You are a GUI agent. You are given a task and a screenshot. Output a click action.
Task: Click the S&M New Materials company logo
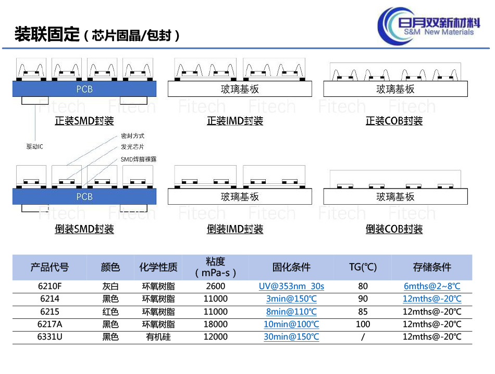pyautogui.click(x=429, y=27)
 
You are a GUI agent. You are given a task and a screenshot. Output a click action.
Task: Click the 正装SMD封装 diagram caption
pyautogui.click(x=84, y=121)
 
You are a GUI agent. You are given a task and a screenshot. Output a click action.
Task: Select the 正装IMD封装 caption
pyautogui.click(x=235, y=121)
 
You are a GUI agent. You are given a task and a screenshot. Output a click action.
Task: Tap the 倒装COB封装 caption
pyautogui.click(x=394, y=229)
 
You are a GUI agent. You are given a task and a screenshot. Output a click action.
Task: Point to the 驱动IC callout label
pyautogui.click(x=35, y=146)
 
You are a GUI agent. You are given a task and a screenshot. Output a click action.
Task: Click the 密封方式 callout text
pyautogui.click(x=132, y=136)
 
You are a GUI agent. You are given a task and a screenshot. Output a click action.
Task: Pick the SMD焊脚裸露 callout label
pyautogui.click(x=139, y=159)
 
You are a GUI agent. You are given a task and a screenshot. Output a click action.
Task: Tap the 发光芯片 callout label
pyautogui.click(x=132, y=147)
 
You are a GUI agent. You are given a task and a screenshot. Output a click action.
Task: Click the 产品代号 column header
pyautogui.click(x=49, y=267)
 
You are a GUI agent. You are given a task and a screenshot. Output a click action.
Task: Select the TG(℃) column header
pyautogui.click(x=363, y=267)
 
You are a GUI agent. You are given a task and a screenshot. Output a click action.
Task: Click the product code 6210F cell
pyautogui.click(x=49, y=286)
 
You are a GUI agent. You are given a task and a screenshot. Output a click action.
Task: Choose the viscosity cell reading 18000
pyautogui.click(x=216, y=324)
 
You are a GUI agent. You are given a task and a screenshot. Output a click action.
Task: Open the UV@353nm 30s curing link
pyautogui.click(x=291, y=286)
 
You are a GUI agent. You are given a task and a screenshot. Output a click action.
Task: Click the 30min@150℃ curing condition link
pyautogui.click(x=291, y=337)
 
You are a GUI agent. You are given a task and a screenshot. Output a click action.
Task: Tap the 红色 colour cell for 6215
pyautogui.click(x=110, y=312)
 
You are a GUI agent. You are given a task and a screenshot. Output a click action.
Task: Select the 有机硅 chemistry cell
pyautogui.click(x=158, y=337)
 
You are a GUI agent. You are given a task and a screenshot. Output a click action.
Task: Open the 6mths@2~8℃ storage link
pyautogui.click(x=432, y=286)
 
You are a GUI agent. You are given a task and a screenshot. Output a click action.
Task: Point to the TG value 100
pyautogui.click(x=363, y=324)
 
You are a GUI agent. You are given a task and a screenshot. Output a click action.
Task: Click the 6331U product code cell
pyautogui.click(x=49, y=337)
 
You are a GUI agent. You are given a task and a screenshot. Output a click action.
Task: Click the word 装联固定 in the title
pyautogui.click(x=47, y=34)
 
